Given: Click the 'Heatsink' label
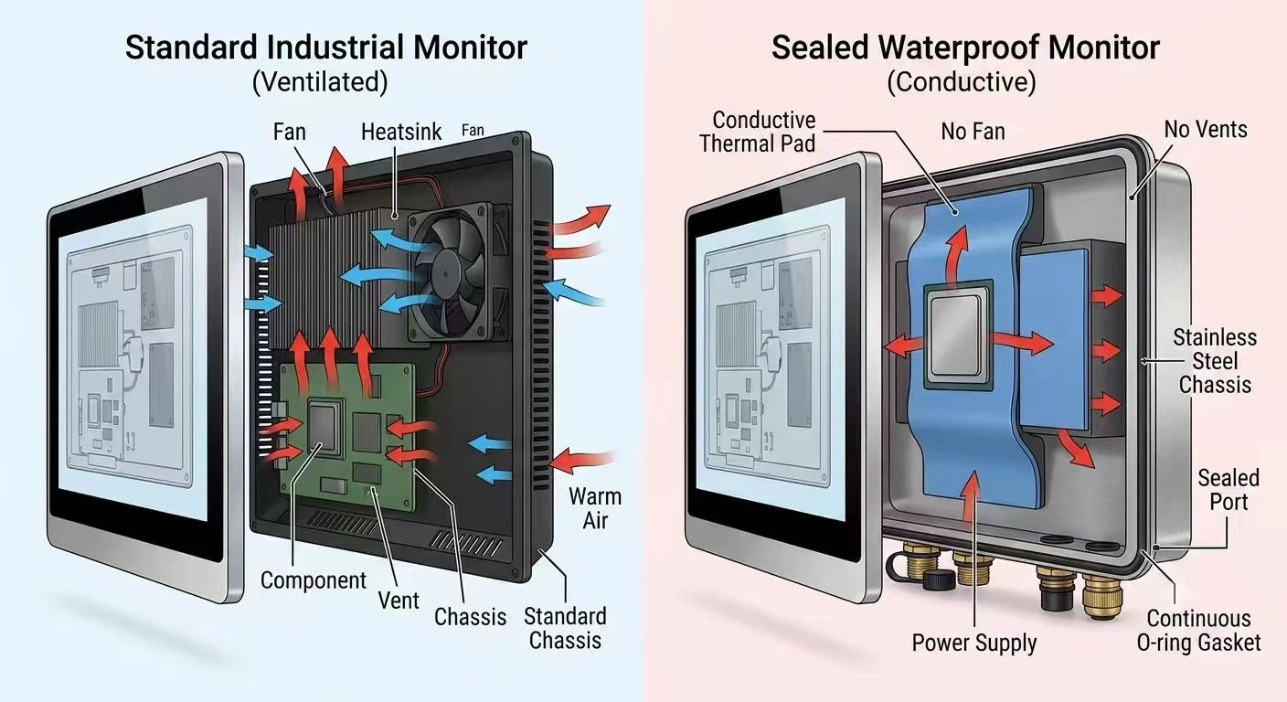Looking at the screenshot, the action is [x=401, y=132].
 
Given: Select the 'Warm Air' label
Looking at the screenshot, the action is [x=595, y=508].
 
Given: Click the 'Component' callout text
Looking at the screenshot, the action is [x=314, y=580].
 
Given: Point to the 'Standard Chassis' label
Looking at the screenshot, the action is [x=565, y=628].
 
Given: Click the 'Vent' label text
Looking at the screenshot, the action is [x=399, y=601].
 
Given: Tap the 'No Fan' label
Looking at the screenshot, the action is [x=973, y=132].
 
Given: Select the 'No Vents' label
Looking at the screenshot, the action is [x=1206, y=129].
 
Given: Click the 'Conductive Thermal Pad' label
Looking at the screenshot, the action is [x=758, y=132].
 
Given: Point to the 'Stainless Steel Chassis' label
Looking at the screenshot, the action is [x=1215, y=361].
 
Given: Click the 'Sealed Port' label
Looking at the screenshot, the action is [x=1228, y=489].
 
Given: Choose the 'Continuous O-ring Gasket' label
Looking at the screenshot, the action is [x=1198, y=630].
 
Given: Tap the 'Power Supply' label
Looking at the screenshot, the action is [x=973, y=643].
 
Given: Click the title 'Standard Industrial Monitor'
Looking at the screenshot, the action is [x=325, y=48].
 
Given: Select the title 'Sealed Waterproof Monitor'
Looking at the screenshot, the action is [x=965, y=48].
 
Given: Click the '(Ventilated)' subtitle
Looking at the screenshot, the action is [x=320, y=81].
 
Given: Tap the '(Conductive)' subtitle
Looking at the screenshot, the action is [x=962, y=81].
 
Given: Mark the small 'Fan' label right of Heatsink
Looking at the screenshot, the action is [x=473, y=131].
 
